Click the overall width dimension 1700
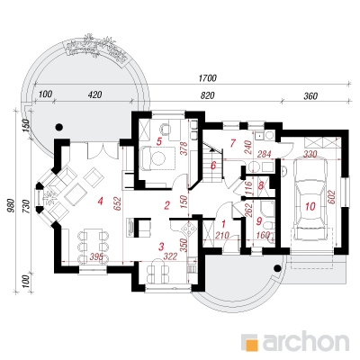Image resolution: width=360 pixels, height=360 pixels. pyautogui.click(x=208, y=78)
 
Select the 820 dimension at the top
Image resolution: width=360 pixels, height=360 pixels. pyautogui.click(x=208, y=95)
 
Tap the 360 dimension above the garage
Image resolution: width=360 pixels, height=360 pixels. pyautogui.click(x=310, y=96)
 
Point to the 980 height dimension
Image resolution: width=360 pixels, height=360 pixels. pyautogui.click(x=11, y=205)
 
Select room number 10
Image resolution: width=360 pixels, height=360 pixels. pyautogui.click(x=310, y=206)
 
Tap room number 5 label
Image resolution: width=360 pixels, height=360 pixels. pyautogui.click(x=159, y=141)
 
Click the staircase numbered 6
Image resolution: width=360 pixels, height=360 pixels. pyautogui.click(x=213, y=164)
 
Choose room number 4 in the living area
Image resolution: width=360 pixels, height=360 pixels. pyautogui.click(x=100, y=201)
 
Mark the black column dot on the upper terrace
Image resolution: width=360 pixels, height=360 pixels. pyautogui.click(x=59, y=127)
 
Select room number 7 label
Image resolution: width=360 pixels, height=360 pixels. pyautogui.click(x=232, y=143)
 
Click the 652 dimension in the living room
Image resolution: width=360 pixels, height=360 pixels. pyautogui.click(x=117, y=204)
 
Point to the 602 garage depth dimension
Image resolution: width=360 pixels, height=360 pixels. pyautogui.click(x=332, y=198)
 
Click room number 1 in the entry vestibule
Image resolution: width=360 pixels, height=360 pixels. pyautogui.click(x=223, y=223)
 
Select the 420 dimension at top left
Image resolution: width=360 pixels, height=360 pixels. pyautogui.click(x=95, y=94)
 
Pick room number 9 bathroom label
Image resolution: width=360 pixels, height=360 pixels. pyautogui.click(x=259, y=222)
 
